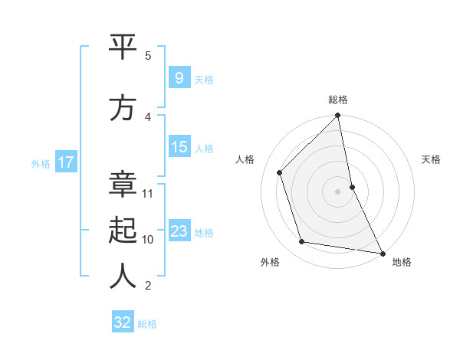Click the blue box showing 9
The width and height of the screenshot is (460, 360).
pyautogui.click(x=179, y=77)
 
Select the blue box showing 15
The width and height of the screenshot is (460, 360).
pyautogui.click(x=179, y=147)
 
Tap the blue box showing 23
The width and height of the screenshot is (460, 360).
pyautogui.click(x=179, y=231)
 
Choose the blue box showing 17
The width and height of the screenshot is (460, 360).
pyautogui.click(x=66, y=162)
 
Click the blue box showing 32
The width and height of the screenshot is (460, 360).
pyautogui.click(x=123, y=322)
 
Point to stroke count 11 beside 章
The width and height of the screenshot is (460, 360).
pyautogui.click(x=148, y=194)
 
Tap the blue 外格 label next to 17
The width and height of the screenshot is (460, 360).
pyautogui.click(x=41, y=163)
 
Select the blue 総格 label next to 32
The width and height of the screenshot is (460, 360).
pyautogui.click(x=147, y=324)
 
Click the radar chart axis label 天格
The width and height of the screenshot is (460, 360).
pyautogui.click(x=432, y=159)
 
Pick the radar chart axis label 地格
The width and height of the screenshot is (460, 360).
pyautogui.click(x=402, y=262)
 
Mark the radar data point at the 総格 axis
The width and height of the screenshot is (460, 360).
pyautogui.click(x=338, y=116)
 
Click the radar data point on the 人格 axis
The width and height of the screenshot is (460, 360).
pyautogui.click(x=280, y=172)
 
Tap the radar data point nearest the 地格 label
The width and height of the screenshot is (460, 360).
pyautogui.click(x=381, y=252)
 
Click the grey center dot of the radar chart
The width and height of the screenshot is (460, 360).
pyautogui.click(x=338, y=191)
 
